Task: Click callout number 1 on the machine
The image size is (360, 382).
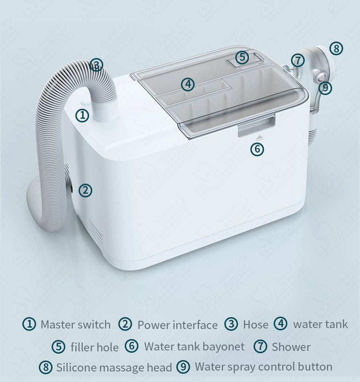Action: point(82,115)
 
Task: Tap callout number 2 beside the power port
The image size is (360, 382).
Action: point(85,190)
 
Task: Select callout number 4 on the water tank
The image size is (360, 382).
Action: point(188,84)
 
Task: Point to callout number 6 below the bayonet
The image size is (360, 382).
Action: point(257,149)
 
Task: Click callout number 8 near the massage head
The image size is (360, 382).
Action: point(336,48)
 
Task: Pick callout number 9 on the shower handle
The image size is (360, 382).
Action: point(325,87)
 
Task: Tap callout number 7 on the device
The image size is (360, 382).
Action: point(298,60)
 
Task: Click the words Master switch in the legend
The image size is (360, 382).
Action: point(75,324)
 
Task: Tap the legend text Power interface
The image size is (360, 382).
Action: point(178,325)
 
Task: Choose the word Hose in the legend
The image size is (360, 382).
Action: point(255,324)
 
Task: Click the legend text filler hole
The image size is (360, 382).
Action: point(95,347)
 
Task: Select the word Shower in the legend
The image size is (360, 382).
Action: point(291,347)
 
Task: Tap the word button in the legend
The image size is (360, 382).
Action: point(315,366)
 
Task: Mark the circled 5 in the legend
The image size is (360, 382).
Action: point(58,347)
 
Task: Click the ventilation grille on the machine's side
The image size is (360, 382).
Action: point(95,232)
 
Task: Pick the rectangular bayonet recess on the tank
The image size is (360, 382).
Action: point(256,126)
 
